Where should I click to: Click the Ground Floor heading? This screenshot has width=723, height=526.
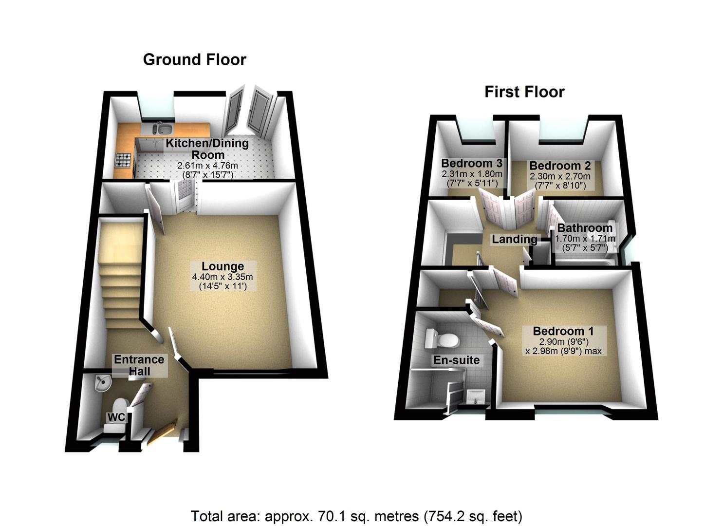click(x=194, y=59)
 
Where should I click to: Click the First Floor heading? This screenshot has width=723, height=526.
click(x=524, y=92)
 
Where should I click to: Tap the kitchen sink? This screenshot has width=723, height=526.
click(x=163, y=129)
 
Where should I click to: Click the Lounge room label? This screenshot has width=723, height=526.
click(x=222, y=266)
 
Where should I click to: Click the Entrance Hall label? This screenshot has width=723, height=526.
click(x=139, y=365)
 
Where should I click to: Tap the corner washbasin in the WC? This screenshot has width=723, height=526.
click(x=102, y=383)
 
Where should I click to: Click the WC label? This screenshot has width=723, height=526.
click(x=116, y=417)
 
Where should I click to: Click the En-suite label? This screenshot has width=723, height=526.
click(x=456, y=360)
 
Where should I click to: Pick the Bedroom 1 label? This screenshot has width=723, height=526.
click(x=563, y=331)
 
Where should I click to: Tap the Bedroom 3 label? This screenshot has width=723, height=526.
click(x=471, y=163)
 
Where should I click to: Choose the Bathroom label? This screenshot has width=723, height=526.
click(x=585, y=228)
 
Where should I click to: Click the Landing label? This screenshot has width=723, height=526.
click(x=514, y=239)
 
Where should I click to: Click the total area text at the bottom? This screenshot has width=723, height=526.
click(x=356, y=516)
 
